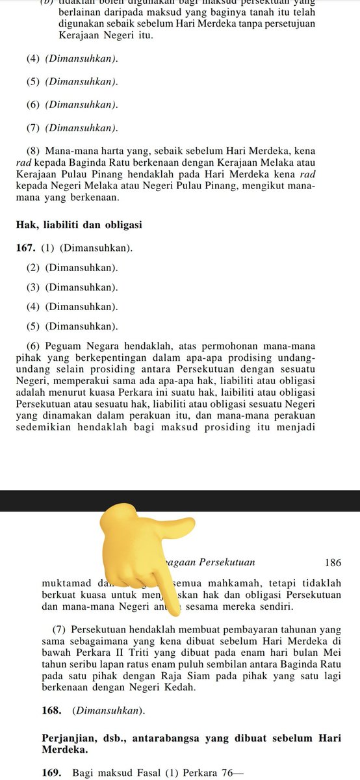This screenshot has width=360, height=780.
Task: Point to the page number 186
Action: tap(332, 562)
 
